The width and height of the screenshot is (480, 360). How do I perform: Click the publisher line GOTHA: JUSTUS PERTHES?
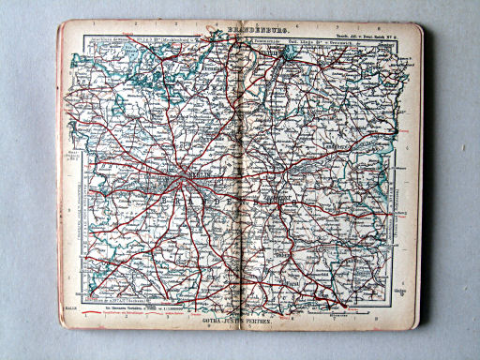240,321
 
